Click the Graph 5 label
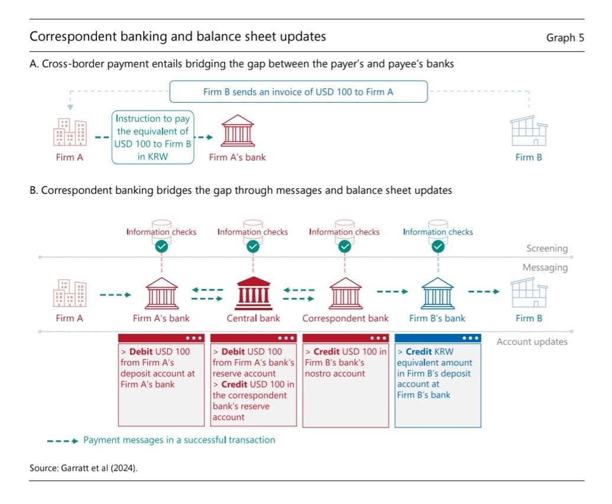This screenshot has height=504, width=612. tap(565, 38)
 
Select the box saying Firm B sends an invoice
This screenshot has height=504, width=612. tap(298, 92)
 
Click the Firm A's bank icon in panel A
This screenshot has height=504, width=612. tap(237, 131)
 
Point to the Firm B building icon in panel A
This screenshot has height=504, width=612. tap(528, 131)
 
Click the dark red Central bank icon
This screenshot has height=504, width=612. tap(253, 292)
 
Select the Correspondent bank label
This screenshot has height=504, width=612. tap(345, 318)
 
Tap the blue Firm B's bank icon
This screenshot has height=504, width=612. tap(437, 292)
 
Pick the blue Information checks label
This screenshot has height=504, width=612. tap(438, 232)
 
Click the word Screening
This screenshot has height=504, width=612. tap(547, 249)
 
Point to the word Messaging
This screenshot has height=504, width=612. tap(545, 268)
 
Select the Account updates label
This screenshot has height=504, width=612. tap(532, 342)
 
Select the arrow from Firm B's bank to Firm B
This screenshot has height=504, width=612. tap(484, 291)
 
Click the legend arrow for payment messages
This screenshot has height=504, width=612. tap(62, 440)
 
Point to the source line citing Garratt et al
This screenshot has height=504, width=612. tap(87, 468)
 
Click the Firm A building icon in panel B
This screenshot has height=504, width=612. tap(70, 293)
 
